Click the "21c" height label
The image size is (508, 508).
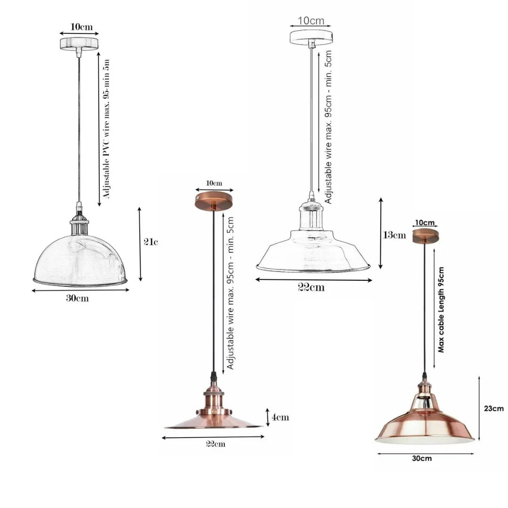(x=151, y=242)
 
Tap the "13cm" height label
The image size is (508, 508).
(x=394, y=235)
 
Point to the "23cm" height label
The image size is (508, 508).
(x=494, y=408)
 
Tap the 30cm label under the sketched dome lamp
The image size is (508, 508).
(x=77, y=298)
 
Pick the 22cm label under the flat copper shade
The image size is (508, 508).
(x=215, y=444)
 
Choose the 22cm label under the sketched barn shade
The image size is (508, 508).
(x=311, y=287)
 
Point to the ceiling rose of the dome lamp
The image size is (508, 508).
(x=79, y=44)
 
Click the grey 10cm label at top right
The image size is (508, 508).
(x=310, y=20)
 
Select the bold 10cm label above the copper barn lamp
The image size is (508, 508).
(x=425, y=223)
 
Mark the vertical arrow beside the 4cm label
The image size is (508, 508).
(x=268, y=417)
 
